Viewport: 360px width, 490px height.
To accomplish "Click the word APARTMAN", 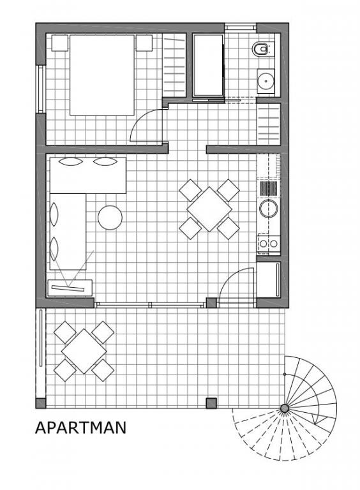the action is click(80, 427).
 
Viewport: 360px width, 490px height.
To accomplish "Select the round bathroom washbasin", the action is click(266, 81).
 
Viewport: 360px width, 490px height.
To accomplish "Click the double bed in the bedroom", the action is click(102, 75).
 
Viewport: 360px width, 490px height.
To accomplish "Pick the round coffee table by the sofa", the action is click(110, 218).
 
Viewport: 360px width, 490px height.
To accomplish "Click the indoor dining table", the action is click(209, 209).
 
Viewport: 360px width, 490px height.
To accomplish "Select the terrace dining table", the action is click(84, 351).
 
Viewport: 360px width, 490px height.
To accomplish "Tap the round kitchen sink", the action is click(269, 208).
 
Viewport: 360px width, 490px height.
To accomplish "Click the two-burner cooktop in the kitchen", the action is click(269, 244).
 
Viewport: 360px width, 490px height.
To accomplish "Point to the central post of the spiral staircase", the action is click(285, 408).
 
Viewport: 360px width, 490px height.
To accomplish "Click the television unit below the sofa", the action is click(70, 288).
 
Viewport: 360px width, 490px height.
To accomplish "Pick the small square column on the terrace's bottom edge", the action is click(211, 403).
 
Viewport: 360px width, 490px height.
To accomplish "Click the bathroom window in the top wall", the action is click(241, 27).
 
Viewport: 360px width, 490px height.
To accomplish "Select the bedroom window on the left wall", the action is click(41, 89).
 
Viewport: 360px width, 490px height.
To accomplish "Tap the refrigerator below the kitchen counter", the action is click(269, 279).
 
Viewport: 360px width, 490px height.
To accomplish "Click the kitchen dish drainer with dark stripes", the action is click(269, 188).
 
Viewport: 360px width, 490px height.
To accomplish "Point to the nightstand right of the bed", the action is click(144, 43).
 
